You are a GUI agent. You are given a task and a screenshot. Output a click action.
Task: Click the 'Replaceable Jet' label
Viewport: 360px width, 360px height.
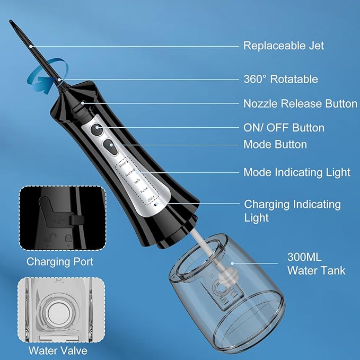(x=283, y=46)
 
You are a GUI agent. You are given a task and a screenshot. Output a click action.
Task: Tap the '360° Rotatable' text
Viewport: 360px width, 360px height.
(x=280, y=79)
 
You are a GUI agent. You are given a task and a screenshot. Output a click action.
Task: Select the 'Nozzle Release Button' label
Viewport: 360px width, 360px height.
(x=300, y=103)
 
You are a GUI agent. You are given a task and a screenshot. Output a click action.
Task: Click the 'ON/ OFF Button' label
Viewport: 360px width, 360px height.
(x=284, y=128)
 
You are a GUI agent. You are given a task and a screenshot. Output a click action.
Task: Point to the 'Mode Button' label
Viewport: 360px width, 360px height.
(x=275, y=144)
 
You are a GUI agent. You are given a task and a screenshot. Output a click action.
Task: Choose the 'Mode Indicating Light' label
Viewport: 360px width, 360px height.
(x=296, y=172)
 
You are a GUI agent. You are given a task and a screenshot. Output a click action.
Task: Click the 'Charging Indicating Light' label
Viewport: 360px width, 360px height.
(x=292, y=210)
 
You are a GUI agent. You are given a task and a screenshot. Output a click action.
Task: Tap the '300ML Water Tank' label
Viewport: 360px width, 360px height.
(x=316, y=264)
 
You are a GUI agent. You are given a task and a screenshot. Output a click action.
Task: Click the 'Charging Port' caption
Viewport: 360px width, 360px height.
(x=60, y=261)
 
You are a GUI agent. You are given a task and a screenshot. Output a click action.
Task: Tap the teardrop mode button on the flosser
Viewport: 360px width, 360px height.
(x=110, y=147)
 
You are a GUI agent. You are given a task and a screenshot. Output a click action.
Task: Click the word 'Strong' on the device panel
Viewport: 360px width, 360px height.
(x=124, y=164)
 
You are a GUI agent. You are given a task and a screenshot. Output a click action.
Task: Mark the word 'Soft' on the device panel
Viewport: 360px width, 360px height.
(x=138, y=181)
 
